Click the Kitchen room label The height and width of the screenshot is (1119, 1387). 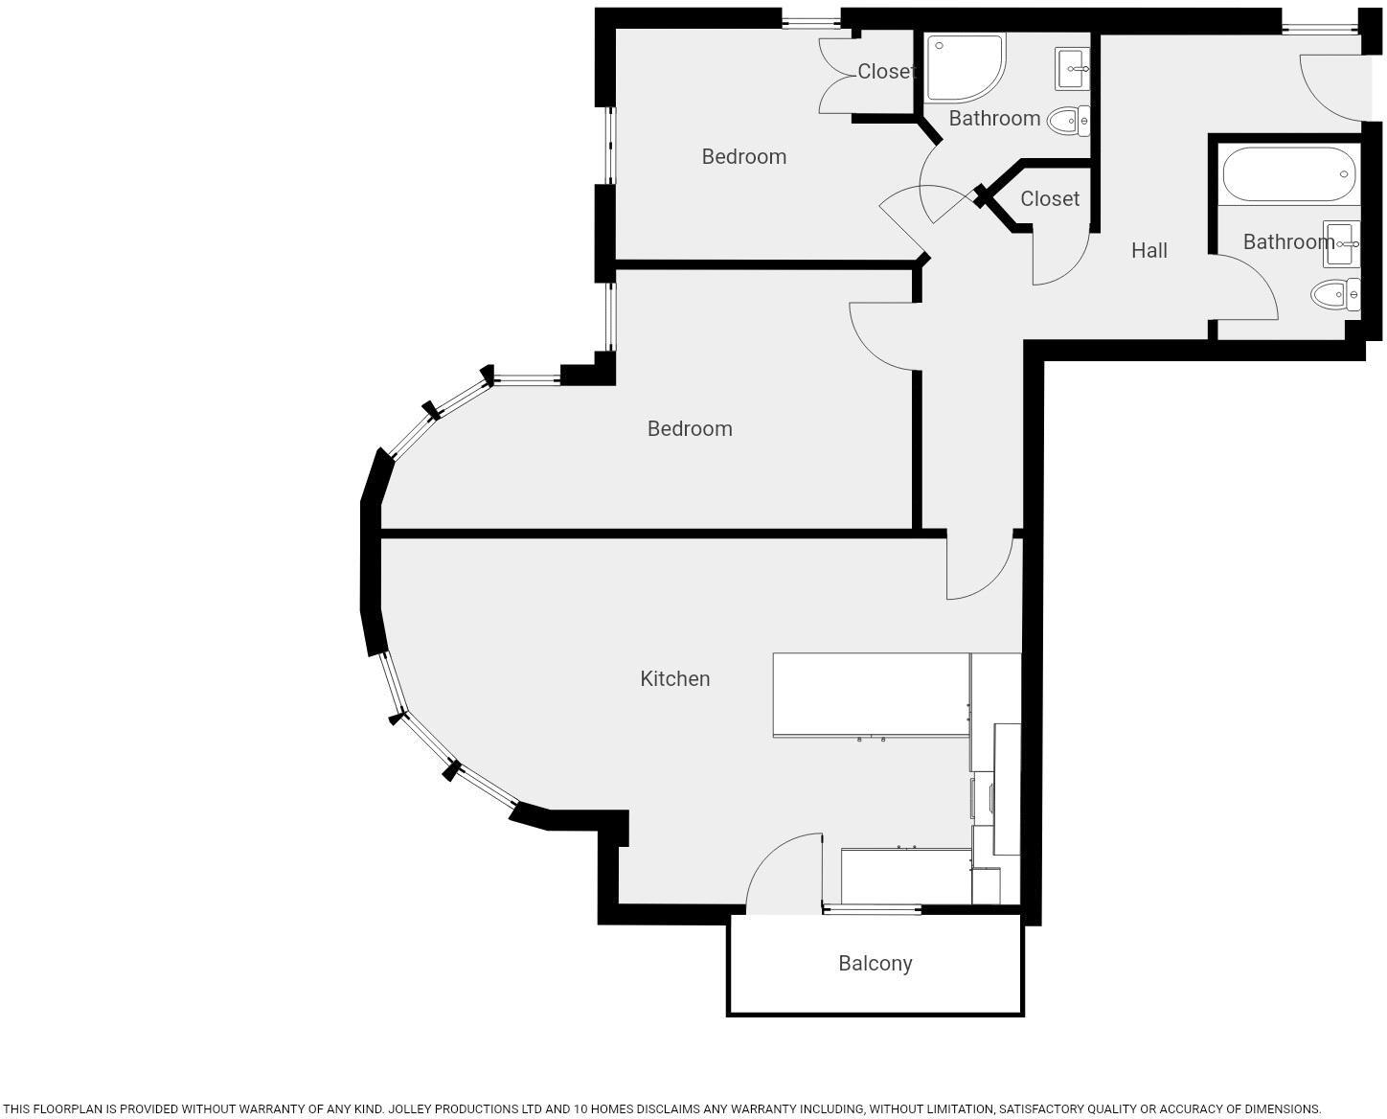[x=675, y=678]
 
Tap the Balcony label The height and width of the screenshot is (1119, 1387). [x=875, y=963]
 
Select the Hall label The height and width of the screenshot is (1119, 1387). [x=1148, y=250]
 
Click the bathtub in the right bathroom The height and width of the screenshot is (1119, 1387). [x=1288, y=173]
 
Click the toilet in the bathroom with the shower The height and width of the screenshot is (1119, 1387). [x=1067, y=121]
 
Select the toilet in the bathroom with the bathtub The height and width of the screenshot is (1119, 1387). [x=1334, y=294]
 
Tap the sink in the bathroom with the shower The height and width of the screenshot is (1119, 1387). [x=1072, y=67]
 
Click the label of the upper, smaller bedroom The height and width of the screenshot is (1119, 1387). [x=743, y=156]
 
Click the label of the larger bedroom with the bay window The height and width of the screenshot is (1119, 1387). [x=690, y=428]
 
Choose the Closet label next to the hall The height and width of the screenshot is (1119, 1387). [x=1050, y=198]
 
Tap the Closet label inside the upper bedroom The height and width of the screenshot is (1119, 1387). [x=886, y=71]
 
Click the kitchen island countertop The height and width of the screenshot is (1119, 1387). [x=871, y=695]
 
